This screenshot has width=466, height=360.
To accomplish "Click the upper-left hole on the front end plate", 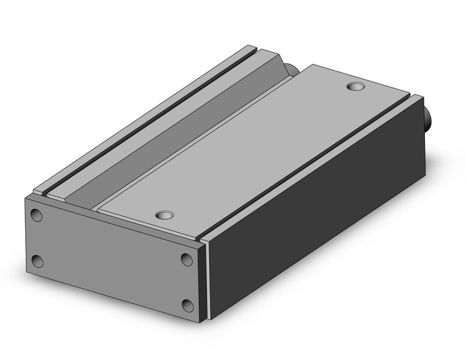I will click(37, 215).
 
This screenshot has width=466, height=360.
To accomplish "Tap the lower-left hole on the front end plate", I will click(38, 261).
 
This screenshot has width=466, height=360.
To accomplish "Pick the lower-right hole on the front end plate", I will click(188, 305).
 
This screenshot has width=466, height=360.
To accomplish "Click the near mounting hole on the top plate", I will click(164, 215).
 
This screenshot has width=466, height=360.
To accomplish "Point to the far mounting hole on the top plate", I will click(356, 86).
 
